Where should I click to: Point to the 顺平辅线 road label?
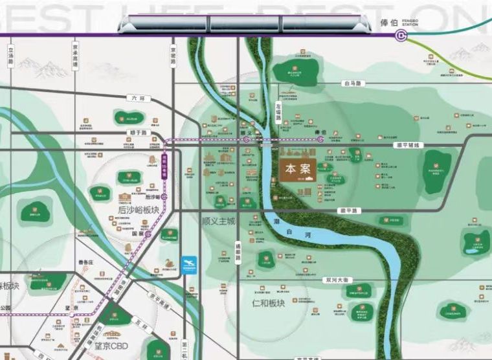[x=408, y=145]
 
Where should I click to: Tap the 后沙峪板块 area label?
[x=137, y=210]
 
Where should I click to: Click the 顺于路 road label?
[x=138, y=132]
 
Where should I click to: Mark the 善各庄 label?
[x=86, y=262]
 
